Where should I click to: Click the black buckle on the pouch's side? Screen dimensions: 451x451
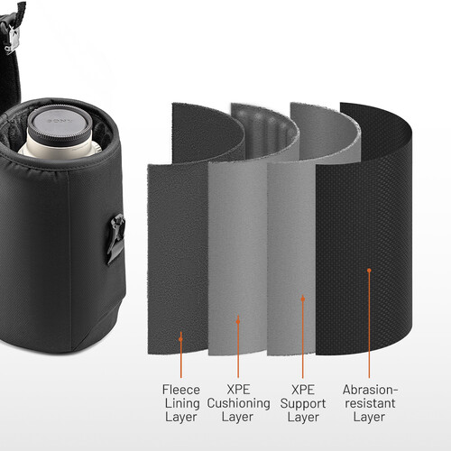coord(115,237)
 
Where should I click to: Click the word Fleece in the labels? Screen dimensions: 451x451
coord(181,388)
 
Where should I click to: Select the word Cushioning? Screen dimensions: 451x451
coord(238,402)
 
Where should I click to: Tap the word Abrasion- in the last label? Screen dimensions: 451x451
coord(369,388)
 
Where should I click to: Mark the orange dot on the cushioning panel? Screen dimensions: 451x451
coord(238,318)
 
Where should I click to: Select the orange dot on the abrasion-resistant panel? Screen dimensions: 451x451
coord(369,269)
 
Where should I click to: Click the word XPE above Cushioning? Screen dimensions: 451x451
coord(238,388)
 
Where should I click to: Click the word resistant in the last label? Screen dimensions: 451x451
coord(368,402)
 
